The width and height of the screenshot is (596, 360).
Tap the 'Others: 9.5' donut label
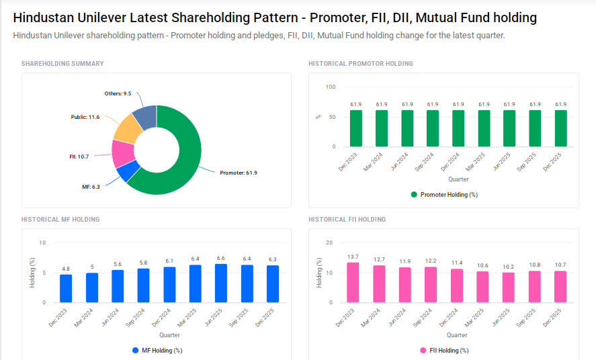click(118, 93)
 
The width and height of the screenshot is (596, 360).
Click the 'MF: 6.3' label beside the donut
click(91, 187)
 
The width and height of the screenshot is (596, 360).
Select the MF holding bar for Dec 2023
click(66, 288)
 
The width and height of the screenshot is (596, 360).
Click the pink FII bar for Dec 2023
click(353, 282)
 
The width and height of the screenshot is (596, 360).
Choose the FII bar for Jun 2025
click(508, 287)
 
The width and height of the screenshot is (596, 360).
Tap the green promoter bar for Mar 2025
click(484, 128)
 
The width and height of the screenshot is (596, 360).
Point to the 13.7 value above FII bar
click(353, 257)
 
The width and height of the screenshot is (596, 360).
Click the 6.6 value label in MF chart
click(220, 258)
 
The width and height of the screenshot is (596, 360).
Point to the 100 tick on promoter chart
click(330, 87)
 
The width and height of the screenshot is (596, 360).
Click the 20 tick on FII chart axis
click(329, 242)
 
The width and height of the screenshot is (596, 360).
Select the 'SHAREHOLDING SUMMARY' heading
click(62, 64)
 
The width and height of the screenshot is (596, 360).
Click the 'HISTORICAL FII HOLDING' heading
click(347, 220)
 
